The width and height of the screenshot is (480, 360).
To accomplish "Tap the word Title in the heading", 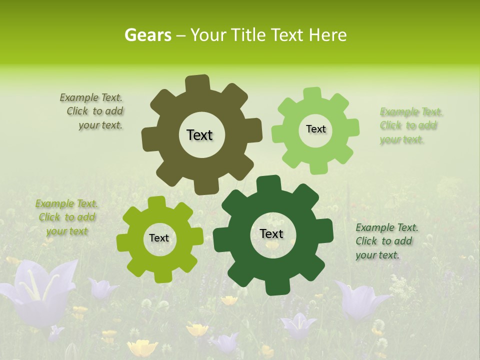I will (x=248, y=35).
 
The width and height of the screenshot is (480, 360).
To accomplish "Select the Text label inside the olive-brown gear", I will (x=199, y=135).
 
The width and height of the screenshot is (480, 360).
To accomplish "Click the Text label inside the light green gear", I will (x=315, y=129).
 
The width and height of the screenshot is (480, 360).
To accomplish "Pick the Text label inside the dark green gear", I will (x=271, y=233).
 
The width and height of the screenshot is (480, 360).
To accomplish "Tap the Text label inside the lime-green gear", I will (x=159, y=238).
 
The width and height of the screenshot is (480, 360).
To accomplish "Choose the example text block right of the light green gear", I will (x=410, y=125).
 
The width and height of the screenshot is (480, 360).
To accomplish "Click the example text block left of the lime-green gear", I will (x=67, y=217).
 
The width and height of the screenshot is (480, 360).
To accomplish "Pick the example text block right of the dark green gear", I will (x=386, y=241).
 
